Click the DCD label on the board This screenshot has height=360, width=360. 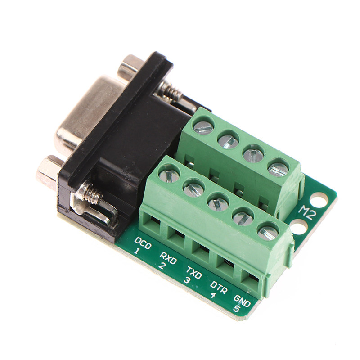143,243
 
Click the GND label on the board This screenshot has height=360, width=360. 242,301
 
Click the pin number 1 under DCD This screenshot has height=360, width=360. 137,251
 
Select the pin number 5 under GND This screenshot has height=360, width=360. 237,309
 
